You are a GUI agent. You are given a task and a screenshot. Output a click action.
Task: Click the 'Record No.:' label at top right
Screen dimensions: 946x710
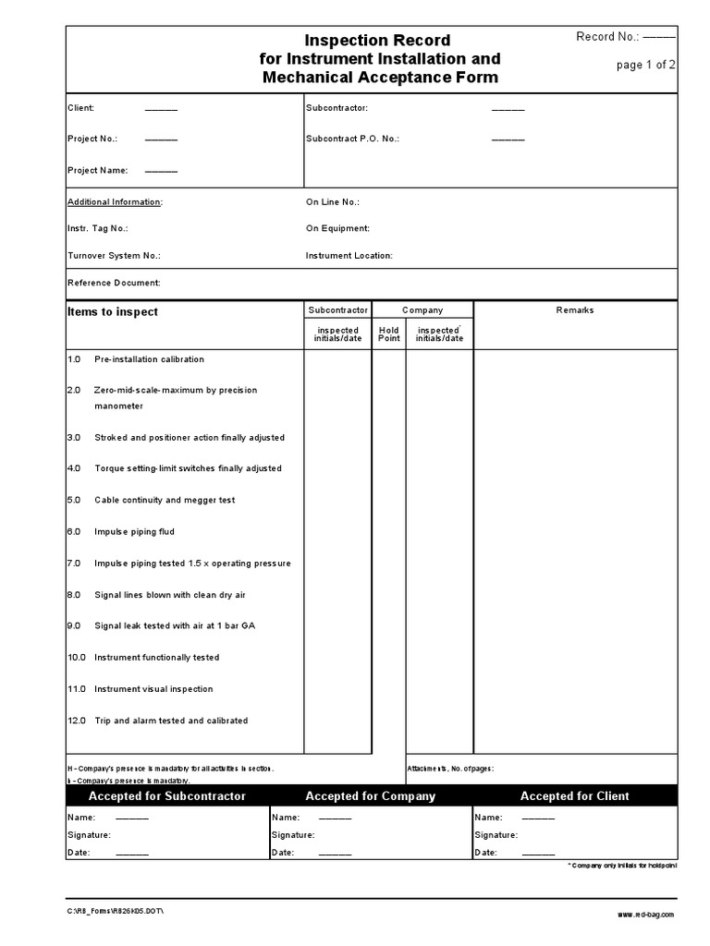tap(607, 37)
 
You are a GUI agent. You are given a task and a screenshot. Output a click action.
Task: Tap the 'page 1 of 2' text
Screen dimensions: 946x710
tap(647, 65)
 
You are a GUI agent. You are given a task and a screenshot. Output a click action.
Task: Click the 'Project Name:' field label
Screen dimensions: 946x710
tap(98, 170)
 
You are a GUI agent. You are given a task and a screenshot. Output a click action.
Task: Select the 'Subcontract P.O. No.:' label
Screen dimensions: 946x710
tap(352, 139)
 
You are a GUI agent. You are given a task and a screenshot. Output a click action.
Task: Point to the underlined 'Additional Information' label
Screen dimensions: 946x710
tap(115, 201)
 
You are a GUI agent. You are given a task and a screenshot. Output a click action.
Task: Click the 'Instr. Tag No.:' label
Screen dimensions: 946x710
tap(98, 227)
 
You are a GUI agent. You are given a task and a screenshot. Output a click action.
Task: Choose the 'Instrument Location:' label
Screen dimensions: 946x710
tap(349, 255)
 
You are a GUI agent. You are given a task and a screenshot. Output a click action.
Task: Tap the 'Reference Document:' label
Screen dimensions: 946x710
tap(114, 283)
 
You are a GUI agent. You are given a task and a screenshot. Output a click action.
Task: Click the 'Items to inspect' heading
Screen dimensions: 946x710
tap(113, 311)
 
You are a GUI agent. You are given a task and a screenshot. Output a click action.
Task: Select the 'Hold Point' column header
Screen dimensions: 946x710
tap(389, 334)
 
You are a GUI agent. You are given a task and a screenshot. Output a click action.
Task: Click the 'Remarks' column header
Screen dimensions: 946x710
tap(575, 310)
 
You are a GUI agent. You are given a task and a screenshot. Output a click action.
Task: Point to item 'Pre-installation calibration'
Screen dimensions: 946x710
tap(149, 359)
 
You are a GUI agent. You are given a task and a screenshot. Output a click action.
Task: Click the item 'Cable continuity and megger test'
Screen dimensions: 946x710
tap(165, 500)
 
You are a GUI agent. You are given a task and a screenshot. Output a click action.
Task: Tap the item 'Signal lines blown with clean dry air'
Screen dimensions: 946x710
tap(170, 595)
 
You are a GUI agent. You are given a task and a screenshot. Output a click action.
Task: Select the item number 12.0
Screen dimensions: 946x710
tap(77, 721)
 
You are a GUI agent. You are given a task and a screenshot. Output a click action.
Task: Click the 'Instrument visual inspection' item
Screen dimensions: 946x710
tap(153, 689)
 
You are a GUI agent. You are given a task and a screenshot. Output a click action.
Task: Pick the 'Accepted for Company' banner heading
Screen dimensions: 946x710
tap(370, 796)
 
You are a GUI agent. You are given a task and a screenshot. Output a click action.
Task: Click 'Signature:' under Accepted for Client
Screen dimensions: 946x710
tap(496, 835)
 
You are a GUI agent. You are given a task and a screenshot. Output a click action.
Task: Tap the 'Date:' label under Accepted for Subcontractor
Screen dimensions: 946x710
tap(79, 853)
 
